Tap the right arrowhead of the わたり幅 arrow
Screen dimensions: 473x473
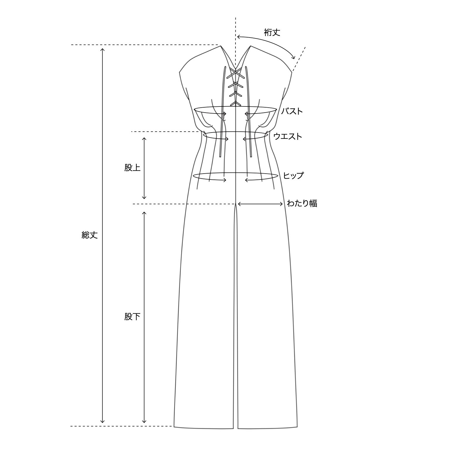coord(283,204)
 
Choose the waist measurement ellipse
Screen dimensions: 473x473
coord(236,136)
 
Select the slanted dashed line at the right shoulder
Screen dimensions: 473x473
coord(299,59)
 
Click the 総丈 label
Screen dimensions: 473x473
coord(89,235)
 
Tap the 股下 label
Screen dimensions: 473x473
coord(132,317)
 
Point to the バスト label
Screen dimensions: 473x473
coord(292,111)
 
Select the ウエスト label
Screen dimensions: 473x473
coord(288,136)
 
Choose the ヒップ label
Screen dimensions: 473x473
coord(293,176)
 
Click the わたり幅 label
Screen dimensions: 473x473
coord(302,203)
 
